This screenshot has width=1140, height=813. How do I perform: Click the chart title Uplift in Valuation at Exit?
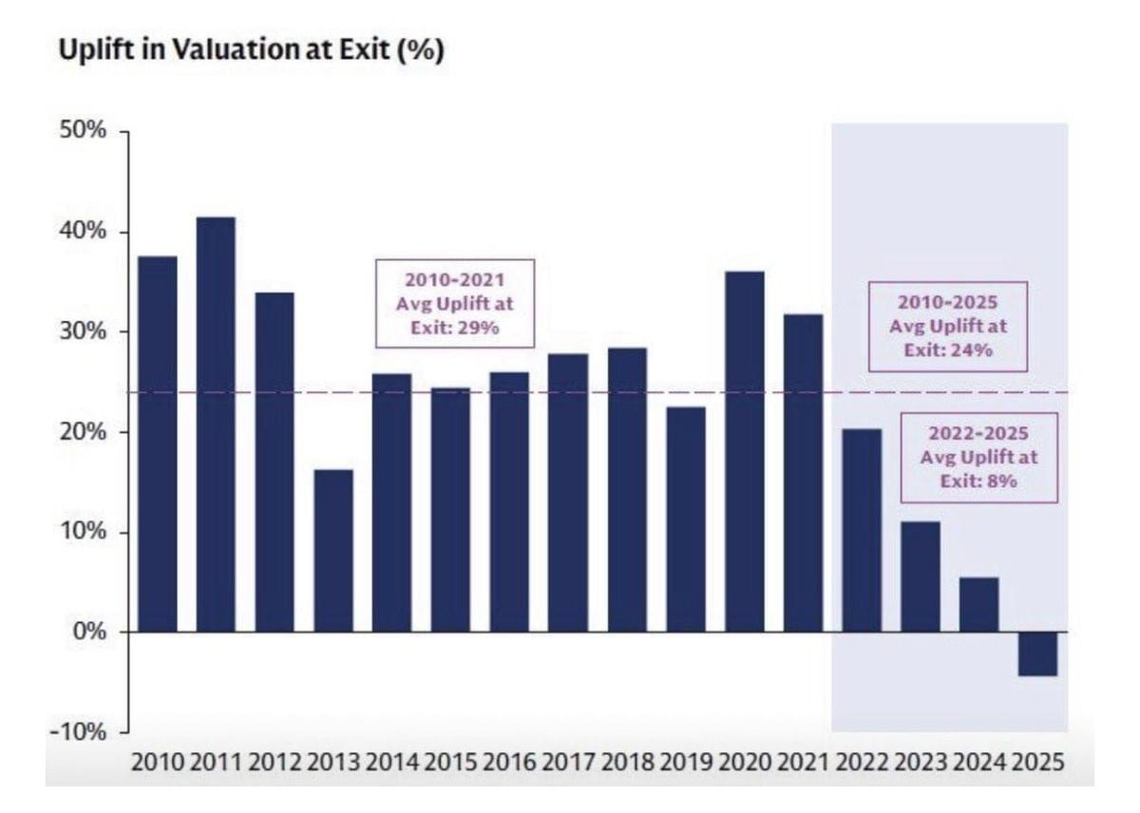click(x=251, y=51)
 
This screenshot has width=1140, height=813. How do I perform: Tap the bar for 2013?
click(x=333, y=551)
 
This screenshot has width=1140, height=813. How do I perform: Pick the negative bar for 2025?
click(x=1038, y=653)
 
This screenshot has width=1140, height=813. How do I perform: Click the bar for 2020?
click(x=745, y=451)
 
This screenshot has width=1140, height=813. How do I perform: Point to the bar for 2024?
click(x=979, y=604)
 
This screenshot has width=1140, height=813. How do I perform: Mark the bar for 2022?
click(x=862, y=530)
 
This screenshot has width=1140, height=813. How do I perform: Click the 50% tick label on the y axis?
click(x=83, y=132)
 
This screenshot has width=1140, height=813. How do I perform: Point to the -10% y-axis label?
click(x=80, y=732)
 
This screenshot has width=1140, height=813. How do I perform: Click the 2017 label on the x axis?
click(x=568, y=763)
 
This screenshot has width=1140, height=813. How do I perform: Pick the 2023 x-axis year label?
click(x=921, y=763)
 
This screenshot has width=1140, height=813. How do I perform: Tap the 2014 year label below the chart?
click(x=391, y=763)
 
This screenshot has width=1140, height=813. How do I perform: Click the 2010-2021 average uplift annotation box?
click(x=455, y=303)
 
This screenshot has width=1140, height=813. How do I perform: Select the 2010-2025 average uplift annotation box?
click(x=947, y=326)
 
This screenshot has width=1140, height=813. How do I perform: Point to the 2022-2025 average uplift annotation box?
click(x=978, y=457)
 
